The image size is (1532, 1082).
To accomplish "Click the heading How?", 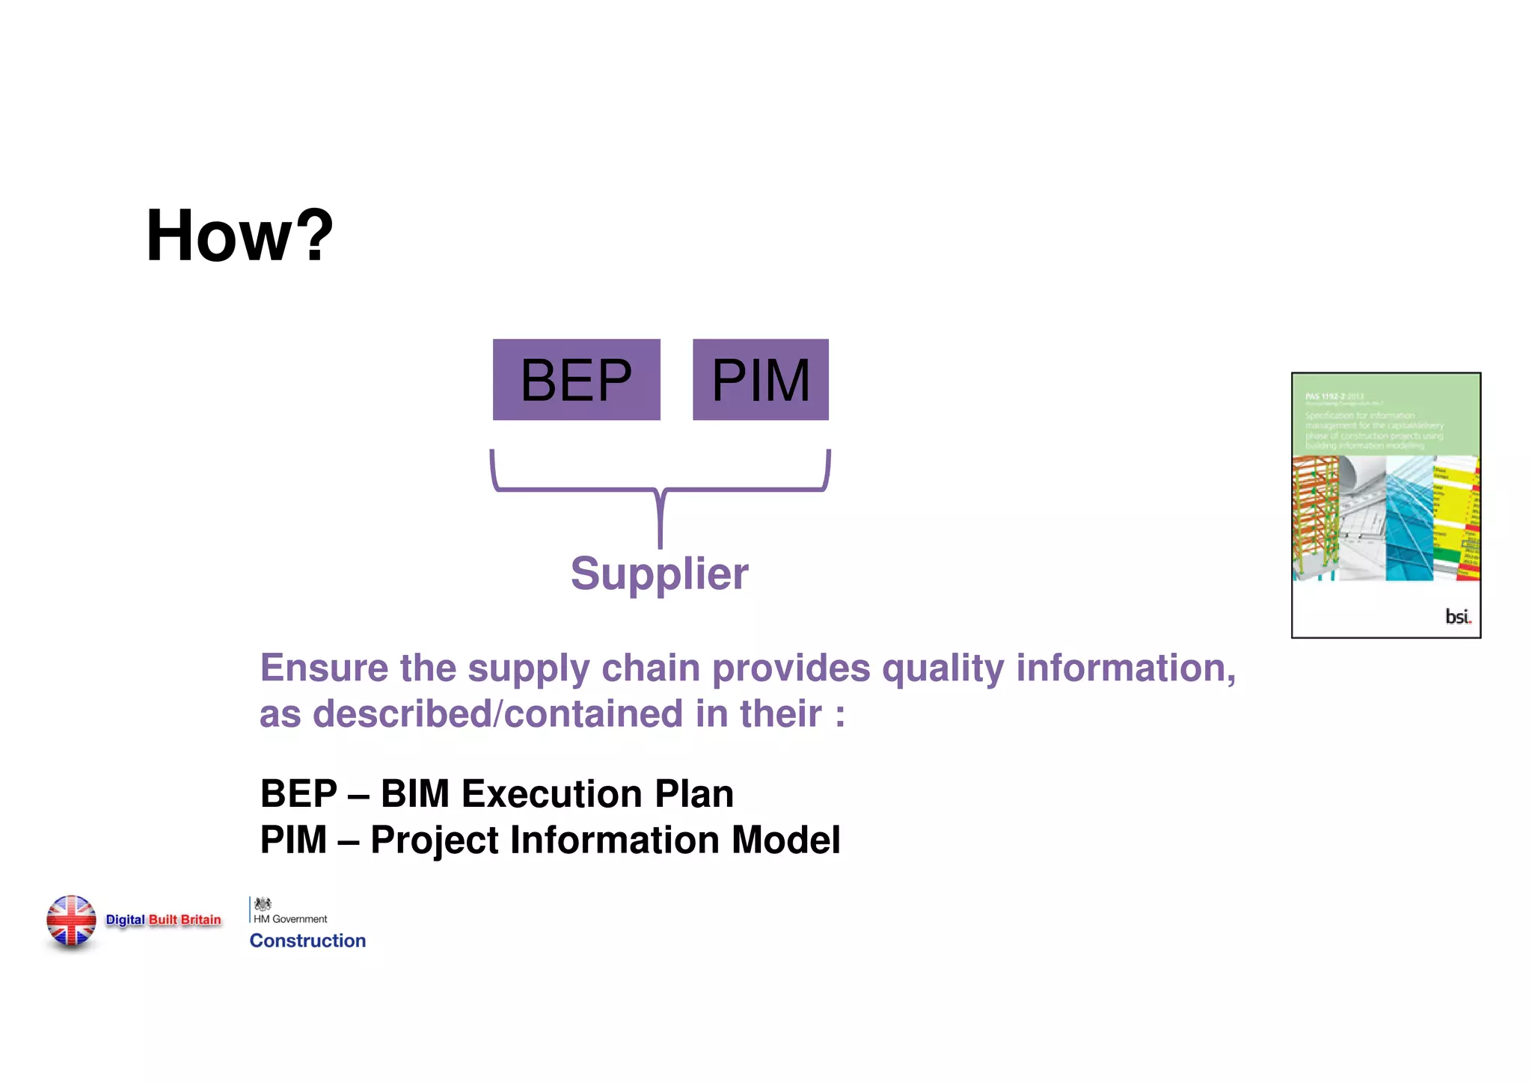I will point(239,236).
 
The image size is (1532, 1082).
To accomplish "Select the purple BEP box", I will point(576,380).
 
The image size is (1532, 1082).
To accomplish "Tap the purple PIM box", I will point(760,380).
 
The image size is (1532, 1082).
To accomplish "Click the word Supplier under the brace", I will point(659,574).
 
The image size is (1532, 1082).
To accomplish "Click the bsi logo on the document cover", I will point(1456,616).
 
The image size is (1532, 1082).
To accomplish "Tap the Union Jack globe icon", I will point(71,921).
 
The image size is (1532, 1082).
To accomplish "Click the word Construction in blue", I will point(307,941).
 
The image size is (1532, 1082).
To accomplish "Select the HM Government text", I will point(290,919).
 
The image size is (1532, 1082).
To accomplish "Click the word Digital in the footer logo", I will point(125,920).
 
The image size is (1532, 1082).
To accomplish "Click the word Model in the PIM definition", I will point(785,840).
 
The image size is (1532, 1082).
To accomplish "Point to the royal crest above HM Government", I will point(263,904).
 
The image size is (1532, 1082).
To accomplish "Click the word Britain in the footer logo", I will point(201,920).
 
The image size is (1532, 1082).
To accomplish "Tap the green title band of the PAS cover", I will point(1385,416).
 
